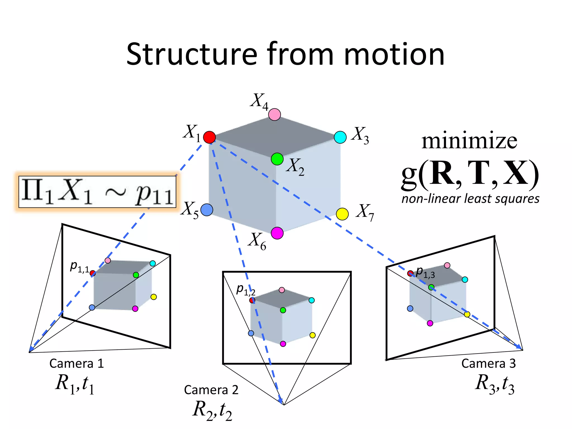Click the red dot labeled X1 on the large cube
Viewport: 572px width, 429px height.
click(209, 137)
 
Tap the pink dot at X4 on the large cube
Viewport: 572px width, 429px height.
click(275, 115)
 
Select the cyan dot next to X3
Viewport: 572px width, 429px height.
click(340, 137)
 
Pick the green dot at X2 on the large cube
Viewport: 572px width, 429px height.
click(277, 159)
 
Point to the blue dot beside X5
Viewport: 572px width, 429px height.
click(207, 210)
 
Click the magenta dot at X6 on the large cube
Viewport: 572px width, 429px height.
click(277, 233)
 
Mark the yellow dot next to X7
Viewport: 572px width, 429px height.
click(342, 214)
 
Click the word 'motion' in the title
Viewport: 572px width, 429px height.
click(394, 54)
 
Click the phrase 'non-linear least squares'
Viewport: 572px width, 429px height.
click(470, 199)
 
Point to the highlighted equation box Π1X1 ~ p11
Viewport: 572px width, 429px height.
click(97, 192)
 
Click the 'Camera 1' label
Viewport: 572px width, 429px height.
click(77, 363)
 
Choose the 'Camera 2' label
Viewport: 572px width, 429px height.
click(211, 390)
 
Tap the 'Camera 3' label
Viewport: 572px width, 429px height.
click(488, 363)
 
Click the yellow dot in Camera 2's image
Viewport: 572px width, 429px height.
click(313, 335)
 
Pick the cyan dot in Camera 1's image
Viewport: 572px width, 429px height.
click(152, 263)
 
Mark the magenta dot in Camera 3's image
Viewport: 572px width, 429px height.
click(430, 323)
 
